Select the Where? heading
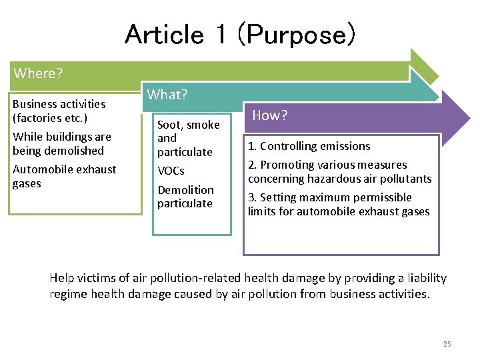click(37, 73)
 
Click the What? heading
click(167, 95)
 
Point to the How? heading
click(269, 115)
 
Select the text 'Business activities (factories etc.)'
click(59, 111)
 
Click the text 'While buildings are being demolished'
click(61, 143)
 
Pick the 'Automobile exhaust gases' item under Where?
click(64, 176)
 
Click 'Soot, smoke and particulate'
click(187, 138)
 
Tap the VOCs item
click(171, 171)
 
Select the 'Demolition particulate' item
click(185, 197)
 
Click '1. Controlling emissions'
click(309, 146)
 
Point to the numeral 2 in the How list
click(251, 165)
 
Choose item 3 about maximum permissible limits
click(339, 205)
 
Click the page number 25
click(447, 344)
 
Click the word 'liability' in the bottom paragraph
click(424, 278)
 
